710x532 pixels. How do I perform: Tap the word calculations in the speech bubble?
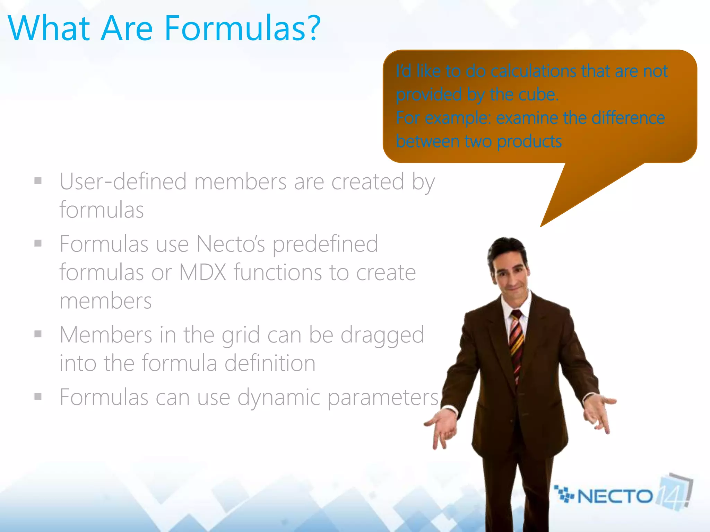pyautogui.click(x=534, y=71)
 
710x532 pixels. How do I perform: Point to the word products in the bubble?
pyautogui.click(x=529, y=142)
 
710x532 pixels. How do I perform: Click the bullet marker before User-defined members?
pyautogui.click(x=38, y=181)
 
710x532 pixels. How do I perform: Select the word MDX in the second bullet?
pyautogui.click(x=202, y=273)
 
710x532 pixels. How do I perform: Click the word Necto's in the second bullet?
pyautogui.click(x=231, y=244)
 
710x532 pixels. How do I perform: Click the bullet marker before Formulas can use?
pyautogui.click(x=38, y=396)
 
